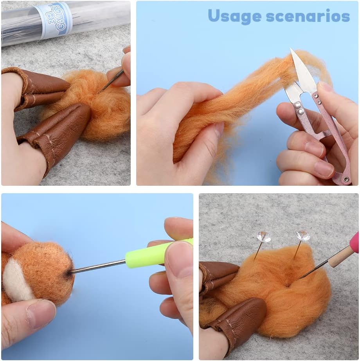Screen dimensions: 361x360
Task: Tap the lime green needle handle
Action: pyautogui.click(x=157, y=253)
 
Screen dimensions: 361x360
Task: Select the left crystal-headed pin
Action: pyautogui.click(x=263, y=237)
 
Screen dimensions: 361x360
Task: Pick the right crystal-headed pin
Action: pyautogui.click(x=303, y=235)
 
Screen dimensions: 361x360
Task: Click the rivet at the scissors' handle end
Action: pyautogui.click(x=346, y=179)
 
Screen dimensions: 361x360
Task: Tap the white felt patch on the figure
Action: pyautogui.click(x=16, y=280)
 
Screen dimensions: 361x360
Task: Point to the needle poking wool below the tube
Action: pyautogui.click(x=112, y=81)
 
